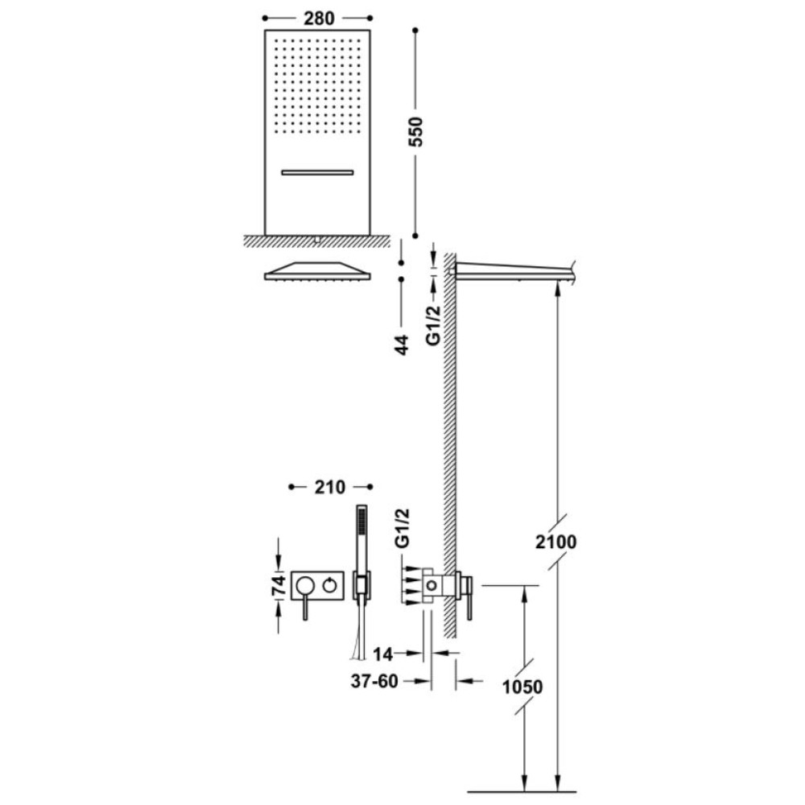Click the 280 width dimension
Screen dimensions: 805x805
tap(319, 19)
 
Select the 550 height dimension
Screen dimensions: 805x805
tap(415, 132)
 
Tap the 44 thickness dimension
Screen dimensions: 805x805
tap(402, 345)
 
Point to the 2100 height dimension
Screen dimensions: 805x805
tap(556, 542)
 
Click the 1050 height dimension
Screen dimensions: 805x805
tap(522, 687)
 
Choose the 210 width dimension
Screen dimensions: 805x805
tap(330, 487)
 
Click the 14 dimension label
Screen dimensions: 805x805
tap(382, 654)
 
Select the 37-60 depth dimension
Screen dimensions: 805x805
tap(374, 681)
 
